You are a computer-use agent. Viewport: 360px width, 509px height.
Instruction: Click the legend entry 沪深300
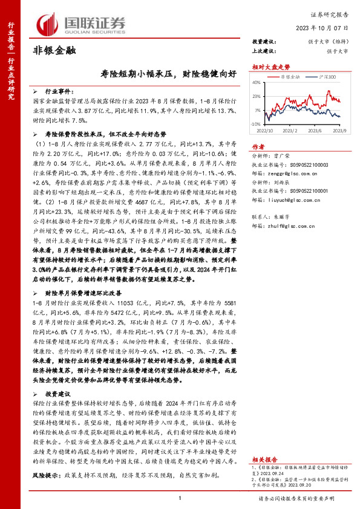click(326, 78)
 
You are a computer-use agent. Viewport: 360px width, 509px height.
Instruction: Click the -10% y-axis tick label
click(257, 123)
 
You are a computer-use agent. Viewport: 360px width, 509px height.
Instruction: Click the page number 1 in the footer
click(180, 498)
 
